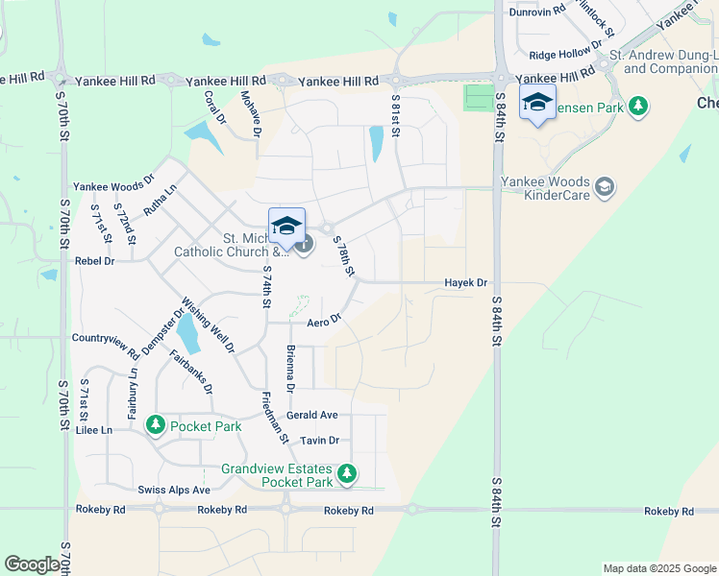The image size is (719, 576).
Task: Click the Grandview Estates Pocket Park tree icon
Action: coord(347,474)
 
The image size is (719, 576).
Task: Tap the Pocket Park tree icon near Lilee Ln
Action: coord(156,425)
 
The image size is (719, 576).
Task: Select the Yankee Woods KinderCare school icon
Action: coord(605,186)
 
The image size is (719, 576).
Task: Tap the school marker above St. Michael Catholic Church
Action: coord(286,226)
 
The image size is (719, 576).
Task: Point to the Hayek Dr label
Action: coord(466,283)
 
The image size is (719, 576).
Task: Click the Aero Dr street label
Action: coord(325,321)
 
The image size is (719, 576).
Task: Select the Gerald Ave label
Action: coord(312,415)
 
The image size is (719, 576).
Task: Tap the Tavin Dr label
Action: coord(320,441)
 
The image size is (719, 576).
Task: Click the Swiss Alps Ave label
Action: coord(174,490)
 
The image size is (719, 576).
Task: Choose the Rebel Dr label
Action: coord(94,260)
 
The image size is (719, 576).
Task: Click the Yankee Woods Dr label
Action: coord(113,187)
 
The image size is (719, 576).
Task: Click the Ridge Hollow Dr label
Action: coord(565,56)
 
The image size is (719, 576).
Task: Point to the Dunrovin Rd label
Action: coord(536,12)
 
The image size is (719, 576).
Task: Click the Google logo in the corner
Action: coord(32,564)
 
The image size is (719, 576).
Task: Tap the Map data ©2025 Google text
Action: coord(658,568)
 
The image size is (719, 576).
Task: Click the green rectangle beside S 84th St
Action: coord(477,97)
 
